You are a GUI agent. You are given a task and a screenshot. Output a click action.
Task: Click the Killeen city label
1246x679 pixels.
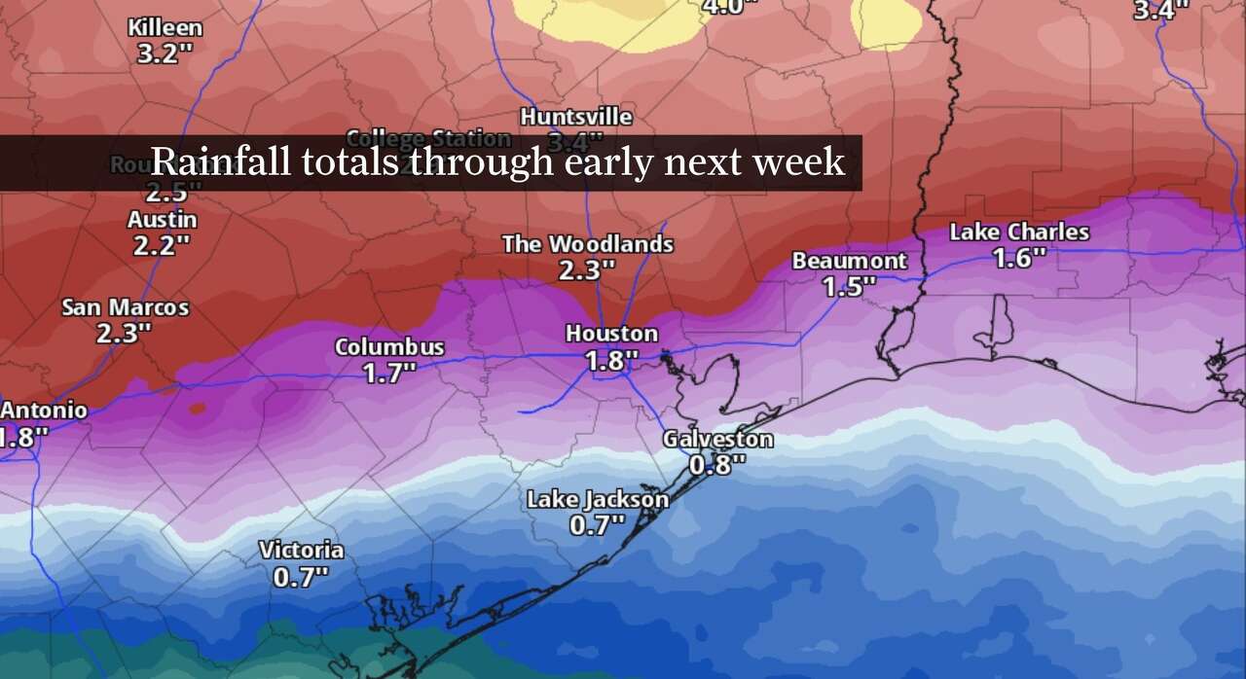[165, 27]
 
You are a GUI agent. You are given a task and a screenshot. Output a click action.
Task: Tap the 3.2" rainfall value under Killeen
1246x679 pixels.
[159, 54]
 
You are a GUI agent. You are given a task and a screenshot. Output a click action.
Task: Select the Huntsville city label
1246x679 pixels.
[575, 117]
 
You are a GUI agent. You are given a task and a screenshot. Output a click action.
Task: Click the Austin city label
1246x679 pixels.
[162, 220]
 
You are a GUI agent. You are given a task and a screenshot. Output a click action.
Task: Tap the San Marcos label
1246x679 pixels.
[125, 307]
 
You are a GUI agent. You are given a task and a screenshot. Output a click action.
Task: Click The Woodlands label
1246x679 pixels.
[587, 244]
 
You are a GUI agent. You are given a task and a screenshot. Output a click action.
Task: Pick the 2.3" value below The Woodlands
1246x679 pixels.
[587, 269]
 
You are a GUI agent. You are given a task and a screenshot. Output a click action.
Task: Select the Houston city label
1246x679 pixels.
[611, 334]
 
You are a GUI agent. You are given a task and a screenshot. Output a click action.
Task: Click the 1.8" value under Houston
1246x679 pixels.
[611, 360]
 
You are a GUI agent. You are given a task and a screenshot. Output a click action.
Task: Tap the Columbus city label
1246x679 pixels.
[389, 347]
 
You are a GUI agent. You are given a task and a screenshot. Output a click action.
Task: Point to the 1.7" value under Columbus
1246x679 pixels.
[389, 373]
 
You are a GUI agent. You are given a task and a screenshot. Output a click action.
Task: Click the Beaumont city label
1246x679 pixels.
[849, 261]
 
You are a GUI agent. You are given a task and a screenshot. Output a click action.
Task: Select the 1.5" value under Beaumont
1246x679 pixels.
[849, 286]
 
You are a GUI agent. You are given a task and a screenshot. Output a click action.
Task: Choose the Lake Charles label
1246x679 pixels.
[1019, 232]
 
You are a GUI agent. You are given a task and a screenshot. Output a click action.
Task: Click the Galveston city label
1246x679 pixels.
[717, 439]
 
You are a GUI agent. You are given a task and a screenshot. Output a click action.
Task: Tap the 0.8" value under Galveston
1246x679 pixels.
[717, 464]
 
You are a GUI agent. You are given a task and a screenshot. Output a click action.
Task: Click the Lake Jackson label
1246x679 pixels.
[597, 500]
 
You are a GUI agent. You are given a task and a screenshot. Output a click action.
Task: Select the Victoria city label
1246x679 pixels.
[301, 551]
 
